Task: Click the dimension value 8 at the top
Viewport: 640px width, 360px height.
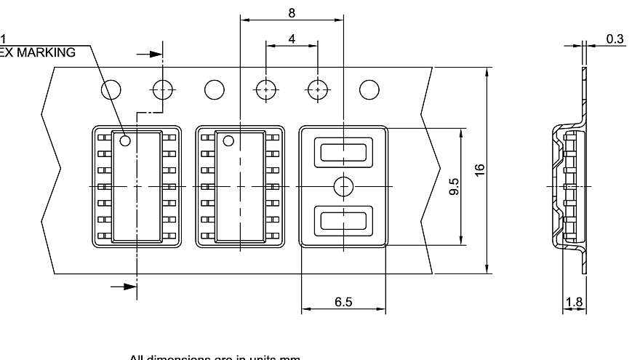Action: click(292, 13)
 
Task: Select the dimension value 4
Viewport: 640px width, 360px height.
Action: click(292, 39)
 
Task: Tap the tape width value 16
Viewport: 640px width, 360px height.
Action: click(479, 170)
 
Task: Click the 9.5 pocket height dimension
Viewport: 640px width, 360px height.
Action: click(454, 187)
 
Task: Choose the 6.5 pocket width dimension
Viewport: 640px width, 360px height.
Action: click(343, 301)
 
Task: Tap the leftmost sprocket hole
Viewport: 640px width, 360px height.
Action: click(111, 89)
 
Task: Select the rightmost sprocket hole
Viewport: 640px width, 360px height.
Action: click(369, 89)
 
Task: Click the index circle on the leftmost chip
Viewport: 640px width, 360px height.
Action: click(125, 140)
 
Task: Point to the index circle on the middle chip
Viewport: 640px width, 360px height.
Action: click(228, 140)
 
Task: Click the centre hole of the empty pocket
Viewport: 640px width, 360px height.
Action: click(343, 187)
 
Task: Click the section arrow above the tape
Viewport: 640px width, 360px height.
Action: click(152, 54)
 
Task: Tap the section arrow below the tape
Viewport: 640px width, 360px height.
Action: click(128, 287)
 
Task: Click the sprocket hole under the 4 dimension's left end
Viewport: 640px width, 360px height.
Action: click(266, 89)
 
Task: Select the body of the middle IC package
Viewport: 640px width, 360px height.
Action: click(240, 187)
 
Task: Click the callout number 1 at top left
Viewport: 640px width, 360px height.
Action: click(3, 39)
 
